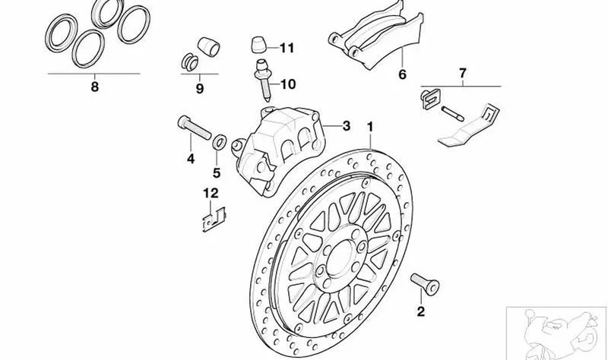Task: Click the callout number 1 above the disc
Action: [x=370, y=127]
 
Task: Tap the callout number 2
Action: [x=421, y=311]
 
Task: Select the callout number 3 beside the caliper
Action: [x=346, y=126]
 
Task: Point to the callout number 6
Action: [x=402, y=74]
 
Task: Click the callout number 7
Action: [x=462, y=73]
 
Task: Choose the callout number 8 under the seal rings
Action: [x=94, y=87]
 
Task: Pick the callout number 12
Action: [x=211, y=193]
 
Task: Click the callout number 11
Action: [x=287, y=48]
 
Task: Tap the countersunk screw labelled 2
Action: [x=425, y=283]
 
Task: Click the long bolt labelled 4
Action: [x=195, y=128]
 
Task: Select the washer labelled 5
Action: [x=220, y=141]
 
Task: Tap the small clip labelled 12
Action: [x=214, y=219]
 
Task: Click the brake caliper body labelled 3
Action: [x=278, y=149]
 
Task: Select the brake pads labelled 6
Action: [x=376, y=36]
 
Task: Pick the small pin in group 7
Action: [x=452, y=113]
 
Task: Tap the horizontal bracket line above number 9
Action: [x=199, y=74]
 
